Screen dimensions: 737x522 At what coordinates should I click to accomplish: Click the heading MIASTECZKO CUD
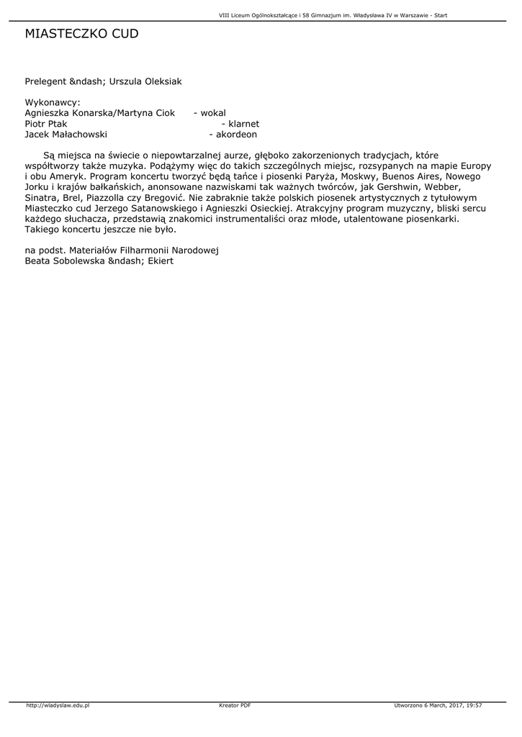(x=81, y=34)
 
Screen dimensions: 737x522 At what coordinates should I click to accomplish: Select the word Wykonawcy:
(x=53, y=102)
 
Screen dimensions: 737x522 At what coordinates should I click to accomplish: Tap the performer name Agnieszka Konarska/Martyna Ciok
(x=100, y=113)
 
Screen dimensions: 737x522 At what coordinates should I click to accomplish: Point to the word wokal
(x=213, y=113)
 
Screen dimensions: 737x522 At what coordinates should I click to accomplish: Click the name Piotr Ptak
(x=46, y=124)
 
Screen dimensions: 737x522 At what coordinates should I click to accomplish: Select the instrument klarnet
(x=243, y=124)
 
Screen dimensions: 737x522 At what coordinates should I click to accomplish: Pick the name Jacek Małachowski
(x=66, y=135)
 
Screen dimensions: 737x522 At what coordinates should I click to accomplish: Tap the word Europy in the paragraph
(x=475, y=166)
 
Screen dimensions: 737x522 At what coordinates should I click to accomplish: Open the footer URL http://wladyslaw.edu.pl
(x=58, y=705)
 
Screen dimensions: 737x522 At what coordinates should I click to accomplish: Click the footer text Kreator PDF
(x=235, y=705)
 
